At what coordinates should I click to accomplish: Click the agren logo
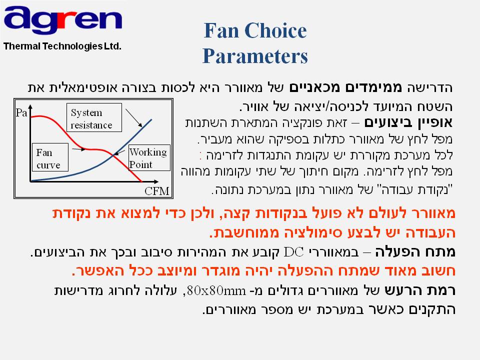(x=63, y=20)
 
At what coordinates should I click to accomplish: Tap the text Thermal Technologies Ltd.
(x=62, y=46)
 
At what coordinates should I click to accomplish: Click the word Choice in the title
(x=275, y=30)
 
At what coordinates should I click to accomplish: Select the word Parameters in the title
(x=255, y=56)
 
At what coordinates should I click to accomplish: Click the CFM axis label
(x=156, y=191)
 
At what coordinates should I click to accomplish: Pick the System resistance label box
(x=94, y=117)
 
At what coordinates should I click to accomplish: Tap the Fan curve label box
(x=50, y=157)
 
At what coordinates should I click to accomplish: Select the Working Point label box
(x=149, y=157)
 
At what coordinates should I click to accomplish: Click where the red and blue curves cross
(x=114, y=155)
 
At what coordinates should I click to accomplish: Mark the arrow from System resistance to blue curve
(x=134, y=118)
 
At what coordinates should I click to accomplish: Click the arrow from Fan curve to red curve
(x=78, y=149)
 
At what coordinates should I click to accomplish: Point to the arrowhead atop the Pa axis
(x=30, y=107)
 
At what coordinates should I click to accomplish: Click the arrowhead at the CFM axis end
(x=156, y=181)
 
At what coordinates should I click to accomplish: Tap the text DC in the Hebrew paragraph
(x=293, y=252)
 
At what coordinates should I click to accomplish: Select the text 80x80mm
(x=216, y=290)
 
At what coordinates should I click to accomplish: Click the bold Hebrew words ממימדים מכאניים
(x=345, y=87)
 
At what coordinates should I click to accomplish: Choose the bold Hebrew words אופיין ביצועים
(x=408, y=122)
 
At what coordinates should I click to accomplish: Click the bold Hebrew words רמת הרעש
(x=420, y=290)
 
